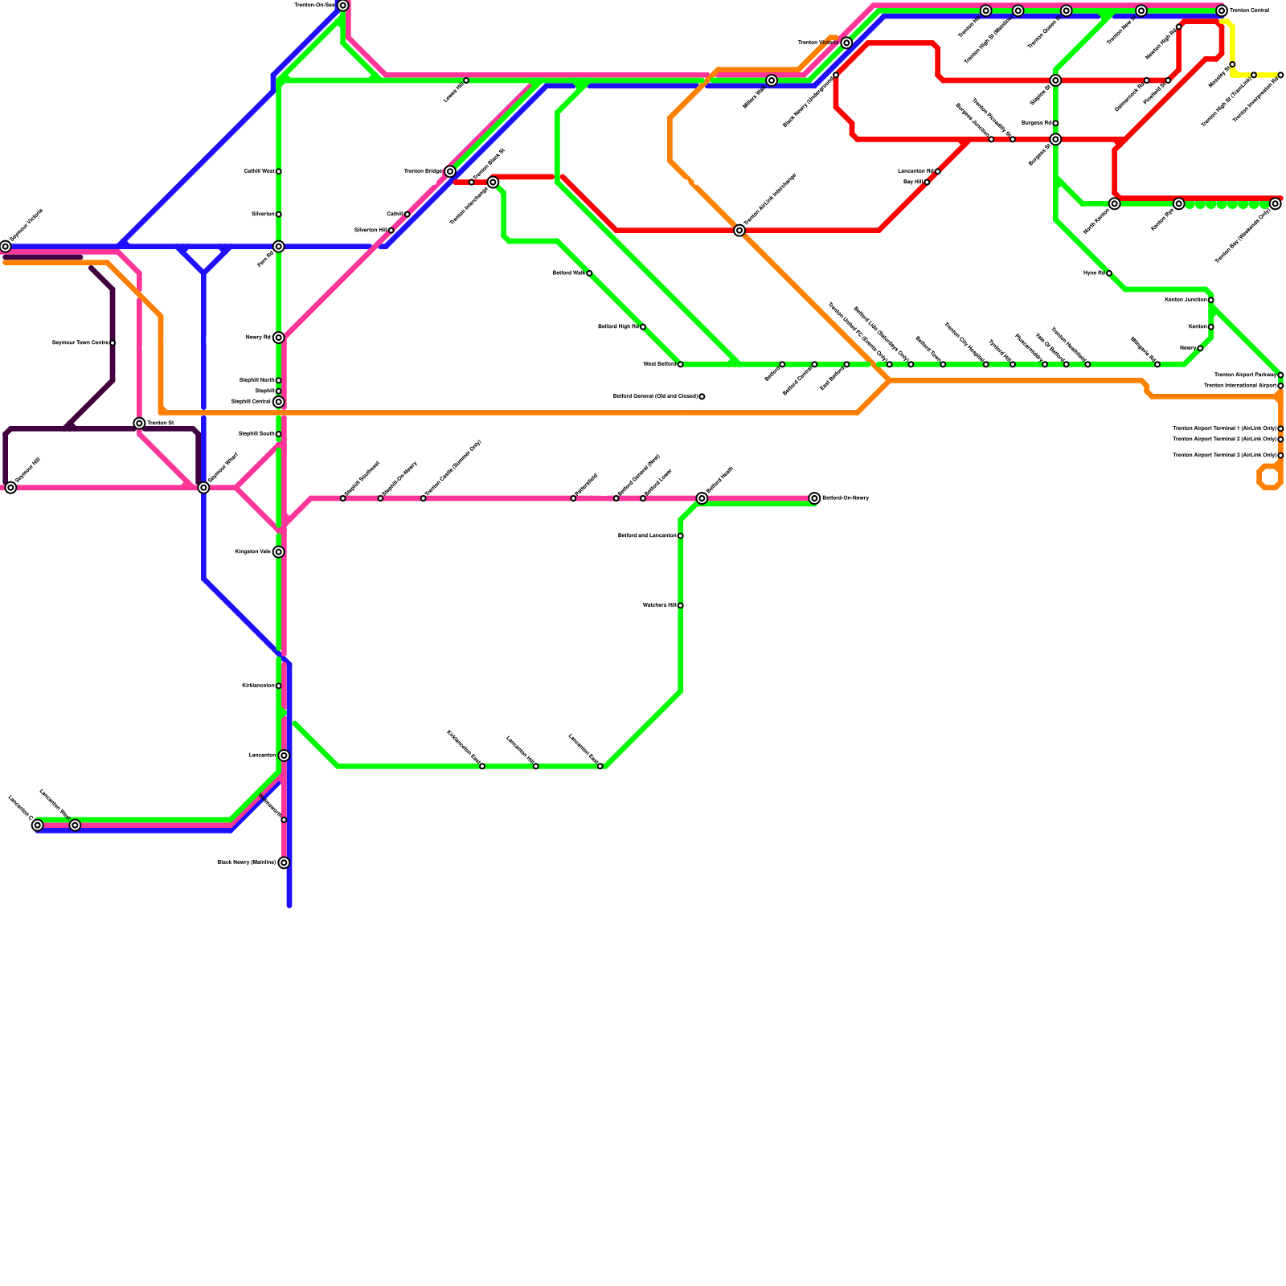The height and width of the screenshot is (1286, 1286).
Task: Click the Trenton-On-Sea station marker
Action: click(x=343, y=6)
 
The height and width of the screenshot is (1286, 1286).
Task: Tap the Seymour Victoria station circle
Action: click(x=6, y=246)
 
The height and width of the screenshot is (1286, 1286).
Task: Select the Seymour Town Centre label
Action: click(x=80, y=343)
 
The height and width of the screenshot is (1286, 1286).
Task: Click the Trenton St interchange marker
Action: click(x=139, y=423)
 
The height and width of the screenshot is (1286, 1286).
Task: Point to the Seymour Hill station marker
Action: click(x=10, y=487)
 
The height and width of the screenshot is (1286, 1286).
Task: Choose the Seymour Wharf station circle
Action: click(x=203, y=487)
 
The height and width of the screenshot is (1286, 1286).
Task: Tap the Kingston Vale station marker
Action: click(x=278, y=551)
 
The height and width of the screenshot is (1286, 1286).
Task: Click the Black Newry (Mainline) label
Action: click(x=246, y=862)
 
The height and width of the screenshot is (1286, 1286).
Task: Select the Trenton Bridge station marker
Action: click(x=450, y=171)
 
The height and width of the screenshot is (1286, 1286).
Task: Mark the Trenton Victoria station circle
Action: click(x=846, y=43)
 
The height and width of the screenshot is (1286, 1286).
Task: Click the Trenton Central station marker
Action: click(x=1222, y=10)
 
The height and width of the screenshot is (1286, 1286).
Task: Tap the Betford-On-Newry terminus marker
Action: click(x=814, y=498)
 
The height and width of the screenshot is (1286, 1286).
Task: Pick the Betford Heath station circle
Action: click(x=702, y=498)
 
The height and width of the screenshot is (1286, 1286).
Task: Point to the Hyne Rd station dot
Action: click(x=1109, y=273)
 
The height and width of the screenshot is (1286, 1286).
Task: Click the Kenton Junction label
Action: click(x=1186, y=300)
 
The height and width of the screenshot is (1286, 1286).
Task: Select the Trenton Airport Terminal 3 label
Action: click(x=1223, y=456)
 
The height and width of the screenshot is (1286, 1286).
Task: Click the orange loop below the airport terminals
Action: click(x=1269, y=477)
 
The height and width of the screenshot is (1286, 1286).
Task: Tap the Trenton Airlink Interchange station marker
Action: click(x=739, y=231)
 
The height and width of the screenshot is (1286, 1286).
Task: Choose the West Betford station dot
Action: click(x=681, y=364)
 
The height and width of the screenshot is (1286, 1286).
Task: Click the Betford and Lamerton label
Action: click(x=646, y=535)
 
